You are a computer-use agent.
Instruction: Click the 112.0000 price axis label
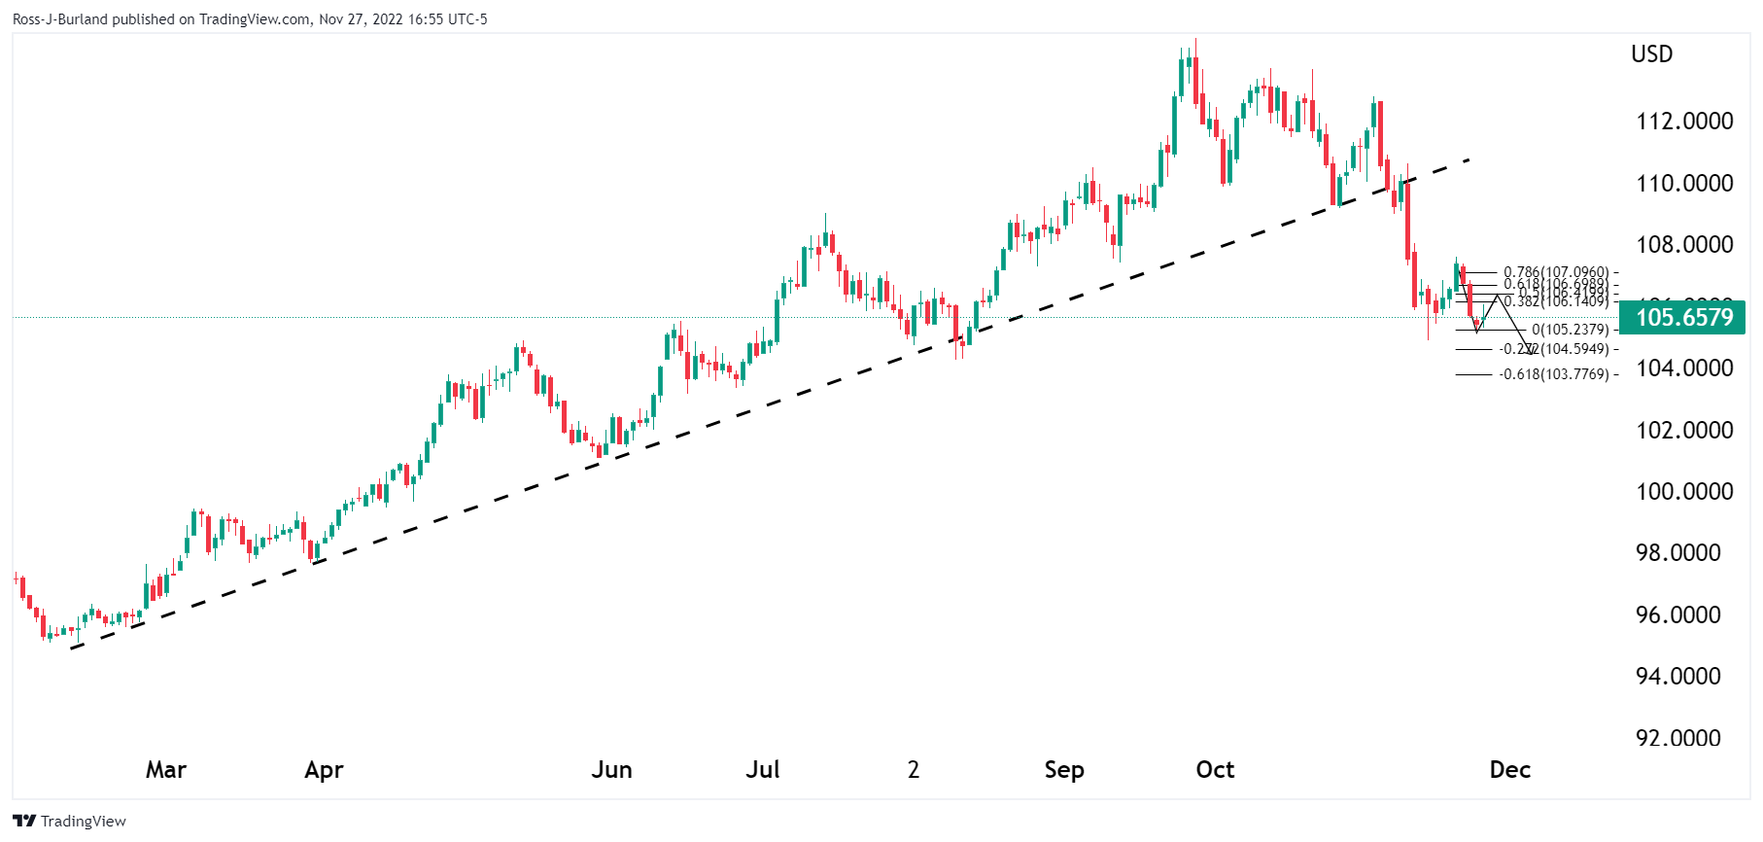tap(1684, 122)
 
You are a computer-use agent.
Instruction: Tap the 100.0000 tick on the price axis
tap(1684, 492)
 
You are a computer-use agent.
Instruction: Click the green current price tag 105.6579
tap(1683, 318)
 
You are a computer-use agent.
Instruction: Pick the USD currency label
tap(1651, 54)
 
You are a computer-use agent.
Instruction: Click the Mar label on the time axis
tap(166, 770)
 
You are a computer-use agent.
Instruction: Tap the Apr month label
tap(324, 770)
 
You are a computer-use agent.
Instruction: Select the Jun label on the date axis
tap(611, 770)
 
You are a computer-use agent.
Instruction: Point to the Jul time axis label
tap(763, 770)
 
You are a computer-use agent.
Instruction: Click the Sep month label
tap(1064, 770)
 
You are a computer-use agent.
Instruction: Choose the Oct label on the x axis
tap(1215, 770)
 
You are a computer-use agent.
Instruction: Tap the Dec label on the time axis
tap(1509, 770)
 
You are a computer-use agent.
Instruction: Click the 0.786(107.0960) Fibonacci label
tap(1556, 272)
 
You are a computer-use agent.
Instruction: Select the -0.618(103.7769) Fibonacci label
tap(1554, 374)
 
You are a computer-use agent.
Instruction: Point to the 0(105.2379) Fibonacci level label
tap(1570, 330)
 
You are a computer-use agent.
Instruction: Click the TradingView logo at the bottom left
tap(70, 822)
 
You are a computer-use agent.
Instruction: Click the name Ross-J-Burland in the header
tap(59, 19)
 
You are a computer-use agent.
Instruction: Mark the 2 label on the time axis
tap(914, 770)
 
